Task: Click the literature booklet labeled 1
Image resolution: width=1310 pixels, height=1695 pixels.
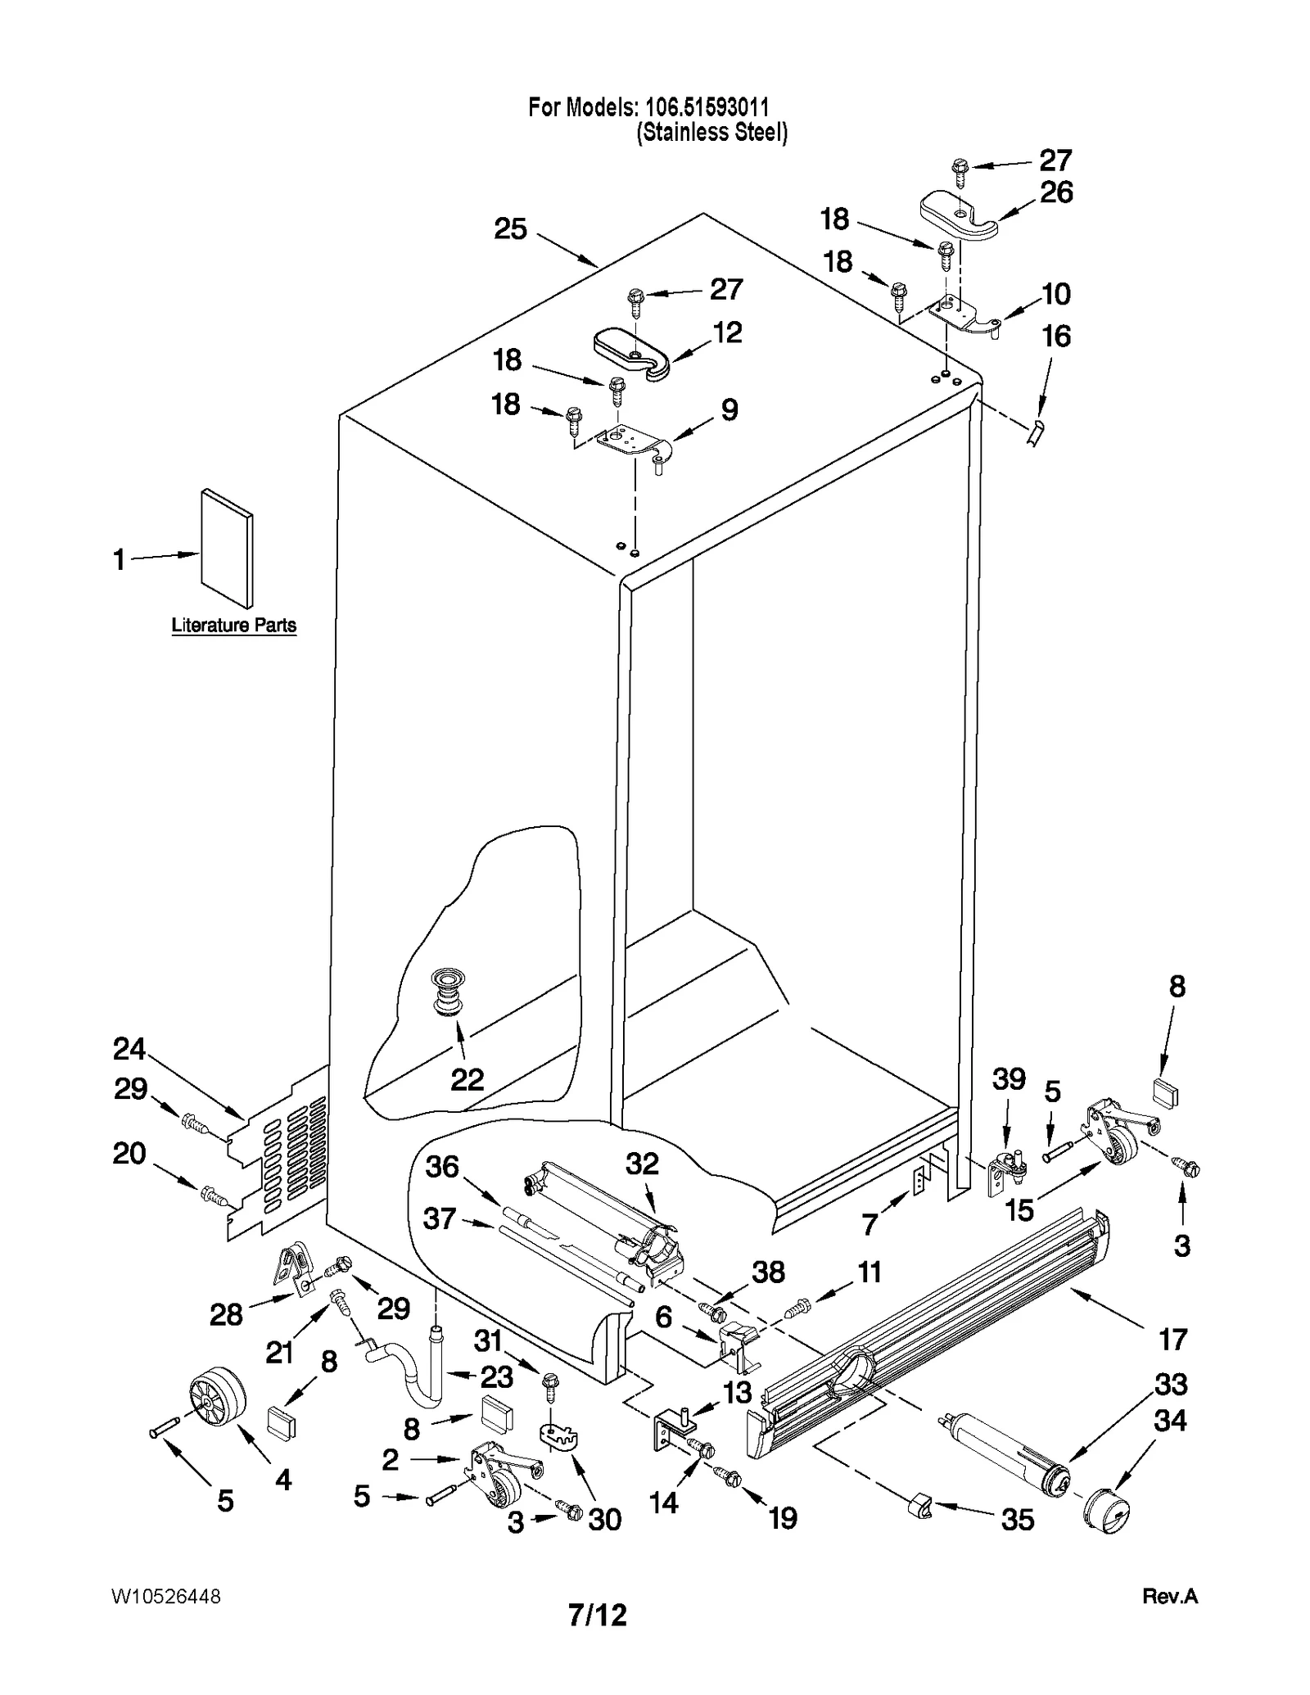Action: coord(227,549)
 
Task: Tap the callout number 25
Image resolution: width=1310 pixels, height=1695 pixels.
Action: coord(510,228)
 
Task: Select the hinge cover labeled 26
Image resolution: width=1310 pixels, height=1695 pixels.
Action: coord(958,215)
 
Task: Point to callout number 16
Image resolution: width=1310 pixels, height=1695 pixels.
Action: coord(1055,337)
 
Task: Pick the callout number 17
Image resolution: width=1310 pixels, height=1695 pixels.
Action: coord(1172,1340)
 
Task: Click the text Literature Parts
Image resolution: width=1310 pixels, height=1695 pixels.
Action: coord(233,625)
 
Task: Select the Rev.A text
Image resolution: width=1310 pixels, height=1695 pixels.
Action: coord(1169,1596)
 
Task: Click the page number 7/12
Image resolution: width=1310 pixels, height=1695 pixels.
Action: coord(598,1615)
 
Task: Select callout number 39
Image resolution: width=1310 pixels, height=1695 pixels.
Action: coord(1008,1079)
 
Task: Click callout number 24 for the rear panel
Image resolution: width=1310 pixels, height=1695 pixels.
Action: coord(129,1048)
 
